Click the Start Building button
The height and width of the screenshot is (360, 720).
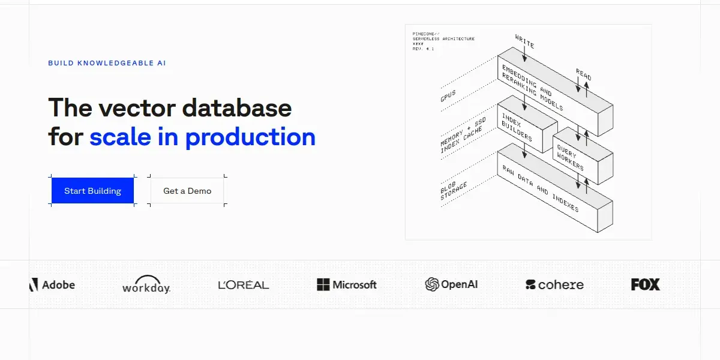pyautogui.click(x=92, y=191)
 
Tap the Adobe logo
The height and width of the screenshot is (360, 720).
pyautogui.click(x=52, y=285)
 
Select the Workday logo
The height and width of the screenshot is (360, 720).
pyautogui.click(x=146, y=284)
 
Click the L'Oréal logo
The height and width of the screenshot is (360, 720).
pyautogui.click(x=244, y=284)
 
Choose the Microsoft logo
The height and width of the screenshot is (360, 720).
pyautogui.click(x=347, y=284)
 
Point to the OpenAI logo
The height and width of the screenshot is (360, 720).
pyautogui.click(x=451, y=284)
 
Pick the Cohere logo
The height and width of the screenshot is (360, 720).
pyautogui.click(x=554, y=284)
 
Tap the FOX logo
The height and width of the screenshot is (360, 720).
pyautogui.click(x=646, y=284)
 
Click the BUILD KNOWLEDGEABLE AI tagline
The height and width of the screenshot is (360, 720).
pyautogui.click(x=107, y=63)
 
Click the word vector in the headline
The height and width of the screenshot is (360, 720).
pyautogui.click(x=137, y=108)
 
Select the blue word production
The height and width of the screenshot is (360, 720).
pyautogui.click(x=250, y=137)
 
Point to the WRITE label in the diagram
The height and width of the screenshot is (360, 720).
pyautogui.click(x=524, y=41)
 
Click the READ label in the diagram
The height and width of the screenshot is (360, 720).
pyautogui.click(x=583, y=74)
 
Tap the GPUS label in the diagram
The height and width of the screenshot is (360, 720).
pyautogui.click(x=448, y=96)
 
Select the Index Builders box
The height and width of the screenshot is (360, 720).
pyautogui.click(x=527, y=124)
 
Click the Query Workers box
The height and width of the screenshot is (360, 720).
pyautogui.click(x=583, y=156)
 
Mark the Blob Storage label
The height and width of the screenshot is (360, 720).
pyautogui.click(x=453, y=191)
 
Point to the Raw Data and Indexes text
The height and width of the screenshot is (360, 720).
pyautogui.click(x=541, y=189)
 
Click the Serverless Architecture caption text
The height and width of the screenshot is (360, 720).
pyautogui.click(x=443, y=38)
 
